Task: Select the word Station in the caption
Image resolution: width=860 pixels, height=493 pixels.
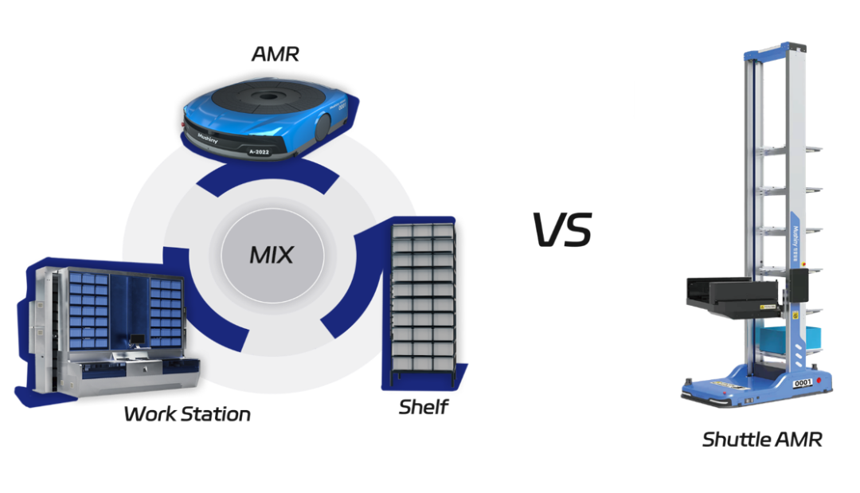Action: click(x=217, y=415)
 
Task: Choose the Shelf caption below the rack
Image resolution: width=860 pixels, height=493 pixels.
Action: click(x=424, y=409)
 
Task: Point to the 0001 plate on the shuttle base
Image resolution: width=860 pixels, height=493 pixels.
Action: click(x=803, y=382)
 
